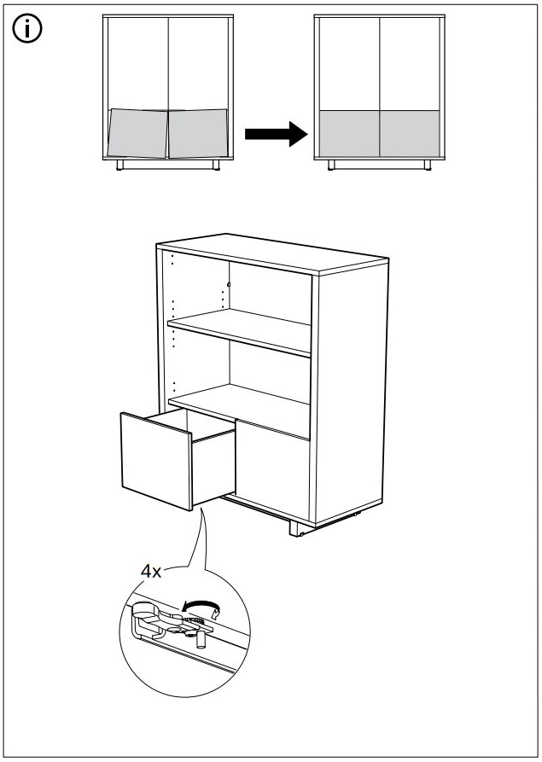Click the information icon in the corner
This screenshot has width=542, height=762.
[27, 29]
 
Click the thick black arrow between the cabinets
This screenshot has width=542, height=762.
[276, 134]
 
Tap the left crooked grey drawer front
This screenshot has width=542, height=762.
[138, 133]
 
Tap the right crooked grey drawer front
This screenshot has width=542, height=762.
[198, 133]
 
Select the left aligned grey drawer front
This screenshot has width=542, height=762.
[349, 134]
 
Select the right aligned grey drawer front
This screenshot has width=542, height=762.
[410, 134]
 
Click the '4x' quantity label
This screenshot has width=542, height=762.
[151, 572]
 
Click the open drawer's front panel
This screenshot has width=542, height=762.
[156, 461]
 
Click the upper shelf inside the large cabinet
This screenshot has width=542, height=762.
[240, 332]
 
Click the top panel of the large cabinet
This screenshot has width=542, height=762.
[272, 253]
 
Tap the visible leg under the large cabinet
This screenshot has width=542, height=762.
[296, 527]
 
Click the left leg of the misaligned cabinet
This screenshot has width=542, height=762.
[119, 165]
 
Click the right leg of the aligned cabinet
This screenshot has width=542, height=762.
[428, 165]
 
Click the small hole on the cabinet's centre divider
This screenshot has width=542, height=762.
[229, 284]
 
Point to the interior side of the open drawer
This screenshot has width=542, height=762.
[214, 469]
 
